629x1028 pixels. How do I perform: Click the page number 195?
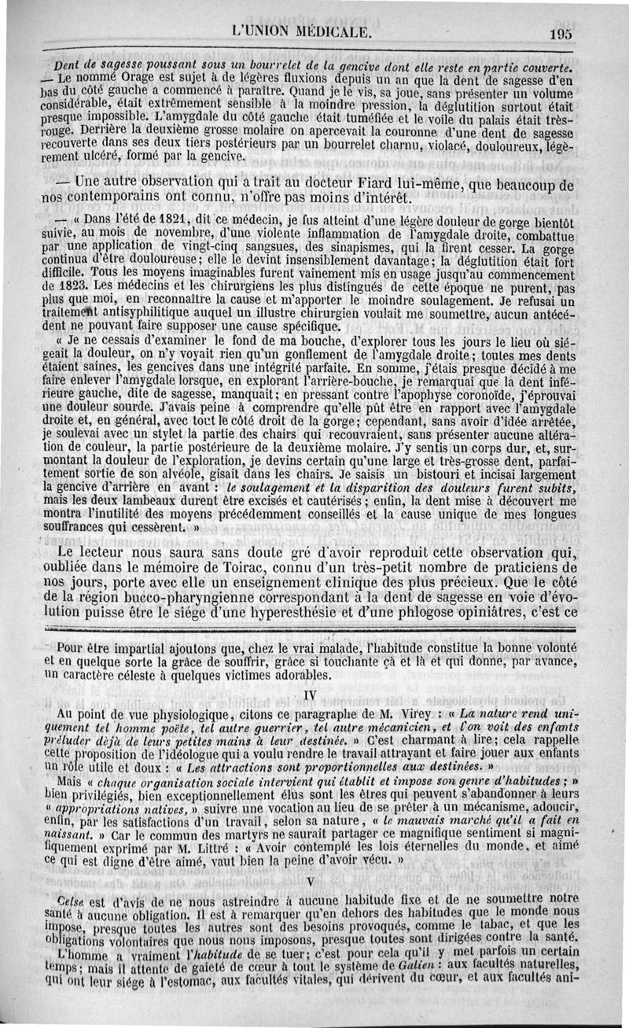pyautogui.click(x=561, y=33)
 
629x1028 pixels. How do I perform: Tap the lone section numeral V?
pyautogui.click(x=311, y=881)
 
